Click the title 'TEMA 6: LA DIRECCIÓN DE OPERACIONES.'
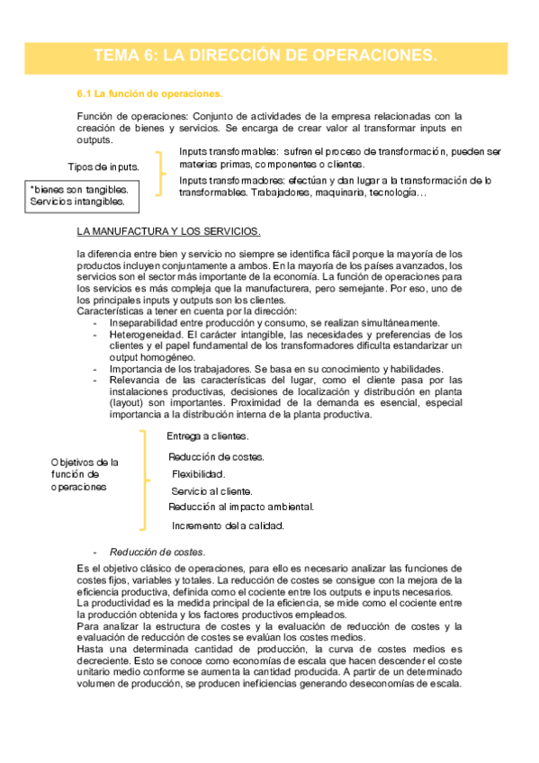[x=265, y=56]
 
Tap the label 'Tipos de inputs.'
[x=103, y=167]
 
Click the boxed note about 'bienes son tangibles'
[x=78, y=196]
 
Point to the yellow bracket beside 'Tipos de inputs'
[x=162, y=172]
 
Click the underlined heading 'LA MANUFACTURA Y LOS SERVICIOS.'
[x=169, y=231]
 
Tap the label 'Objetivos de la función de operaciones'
[x=85, y=474]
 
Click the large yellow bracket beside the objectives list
[x=144, y=480]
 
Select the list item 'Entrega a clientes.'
[x=208, y=436]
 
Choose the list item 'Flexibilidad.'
[x=199, y=474]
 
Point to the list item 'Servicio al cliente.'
[x=211, y=491]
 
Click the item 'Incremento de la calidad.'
[x=228, y=525]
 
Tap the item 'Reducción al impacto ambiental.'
[x=240, y=507]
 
